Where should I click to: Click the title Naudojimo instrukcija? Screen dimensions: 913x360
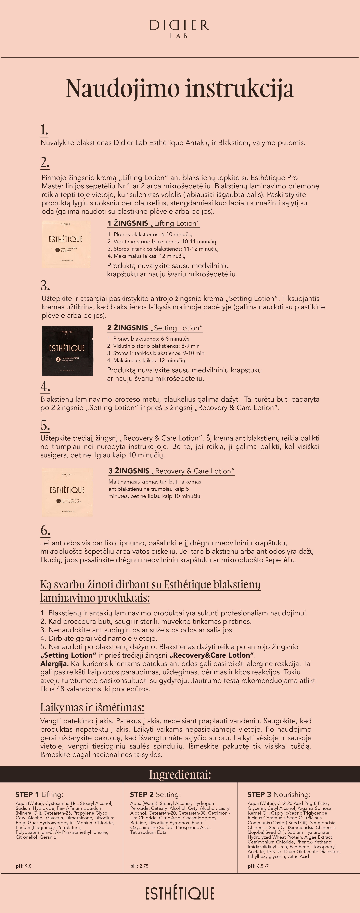180,88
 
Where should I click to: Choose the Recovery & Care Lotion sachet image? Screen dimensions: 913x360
67,492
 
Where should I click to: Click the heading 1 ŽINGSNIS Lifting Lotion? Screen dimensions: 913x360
153,223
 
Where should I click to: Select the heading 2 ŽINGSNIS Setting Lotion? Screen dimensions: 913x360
155,328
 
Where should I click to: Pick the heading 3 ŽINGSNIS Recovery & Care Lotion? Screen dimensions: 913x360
171,471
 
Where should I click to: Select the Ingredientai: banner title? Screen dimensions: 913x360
180,774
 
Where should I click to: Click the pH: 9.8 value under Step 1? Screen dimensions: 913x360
23,866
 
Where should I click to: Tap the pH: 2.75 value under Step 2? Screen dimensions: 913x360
139,866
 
